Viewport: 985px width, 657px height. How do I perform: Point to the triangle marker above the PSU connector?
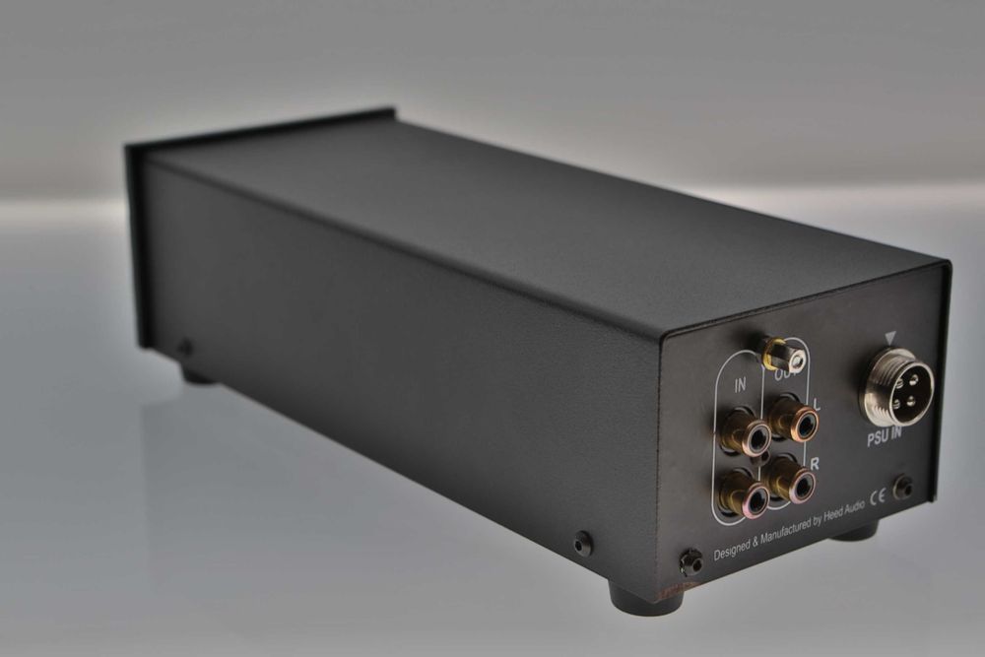[x=890, y=338]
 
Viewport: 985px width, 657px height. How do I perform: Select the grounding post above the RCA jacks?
[x=783, y=355]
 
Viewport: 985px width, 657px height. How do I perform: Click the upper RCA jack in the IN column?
[x=746, y=434]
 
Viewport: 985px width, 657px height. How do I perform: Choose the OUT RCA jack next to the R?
[x=791, y=481]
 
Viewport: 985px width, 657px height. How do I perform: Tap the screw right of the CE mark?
[x=900, y=487]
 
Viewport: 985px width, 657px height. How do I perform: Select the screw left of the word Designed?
[x=691, y=561]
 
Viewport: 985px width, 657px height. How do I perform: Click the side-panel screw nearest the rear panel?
[x=582, y=543]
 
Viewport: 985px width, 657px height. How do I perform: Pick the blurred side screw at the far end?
[x=184, y=347]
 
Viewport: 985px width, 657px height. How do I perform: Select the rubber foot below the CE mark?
[x=854, y=532]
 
